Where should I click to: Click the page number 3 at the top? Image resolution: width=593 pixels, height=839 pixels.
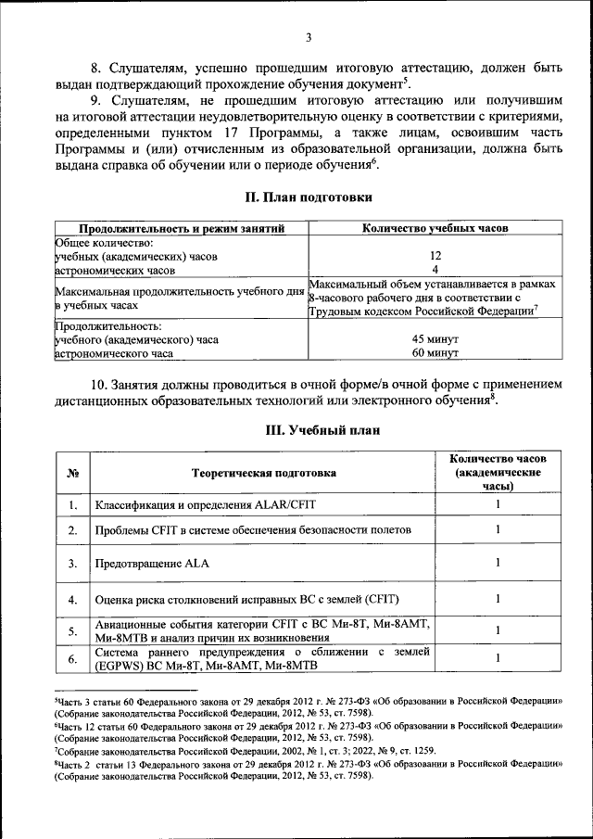point(309,38)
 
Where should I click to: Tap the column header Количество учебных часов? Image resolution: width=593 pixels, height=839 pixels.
point(435,228)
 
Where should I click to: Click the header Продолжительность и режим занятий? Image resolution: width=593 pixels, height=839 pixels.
point(181,228)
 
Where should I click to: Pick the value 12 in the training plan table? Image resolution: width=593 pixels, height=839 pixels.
point(435,256)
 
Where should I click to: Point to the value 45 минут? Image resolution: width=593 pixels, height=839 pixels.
point(435,339)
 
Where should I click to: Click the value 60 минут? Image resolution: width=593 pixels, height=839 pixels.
point(435,353)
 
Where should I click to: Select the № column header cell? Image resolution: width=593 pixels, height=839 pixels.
point(71,473)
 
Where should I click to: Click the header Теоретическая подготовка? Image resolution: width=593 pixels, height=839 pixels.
point(263,473)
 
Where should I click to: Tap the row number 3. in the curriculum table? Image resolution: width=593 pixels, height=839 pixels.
point(71,563)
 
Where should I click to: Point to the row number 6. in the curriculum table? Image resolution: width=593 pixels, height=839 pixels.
point(71,659)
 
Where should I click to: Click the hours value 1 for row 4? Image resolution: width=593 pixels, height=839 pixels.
point(498,598)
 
